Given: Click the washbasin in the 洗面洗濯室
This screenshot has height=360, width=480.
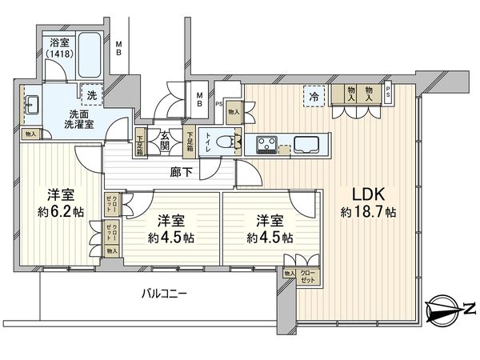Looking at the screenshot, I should pyautogui.click(x=34, y=105).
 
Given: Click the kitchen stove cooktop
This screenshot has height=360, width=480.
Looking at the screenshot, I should pyautogui.click(x=267, y=145).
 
